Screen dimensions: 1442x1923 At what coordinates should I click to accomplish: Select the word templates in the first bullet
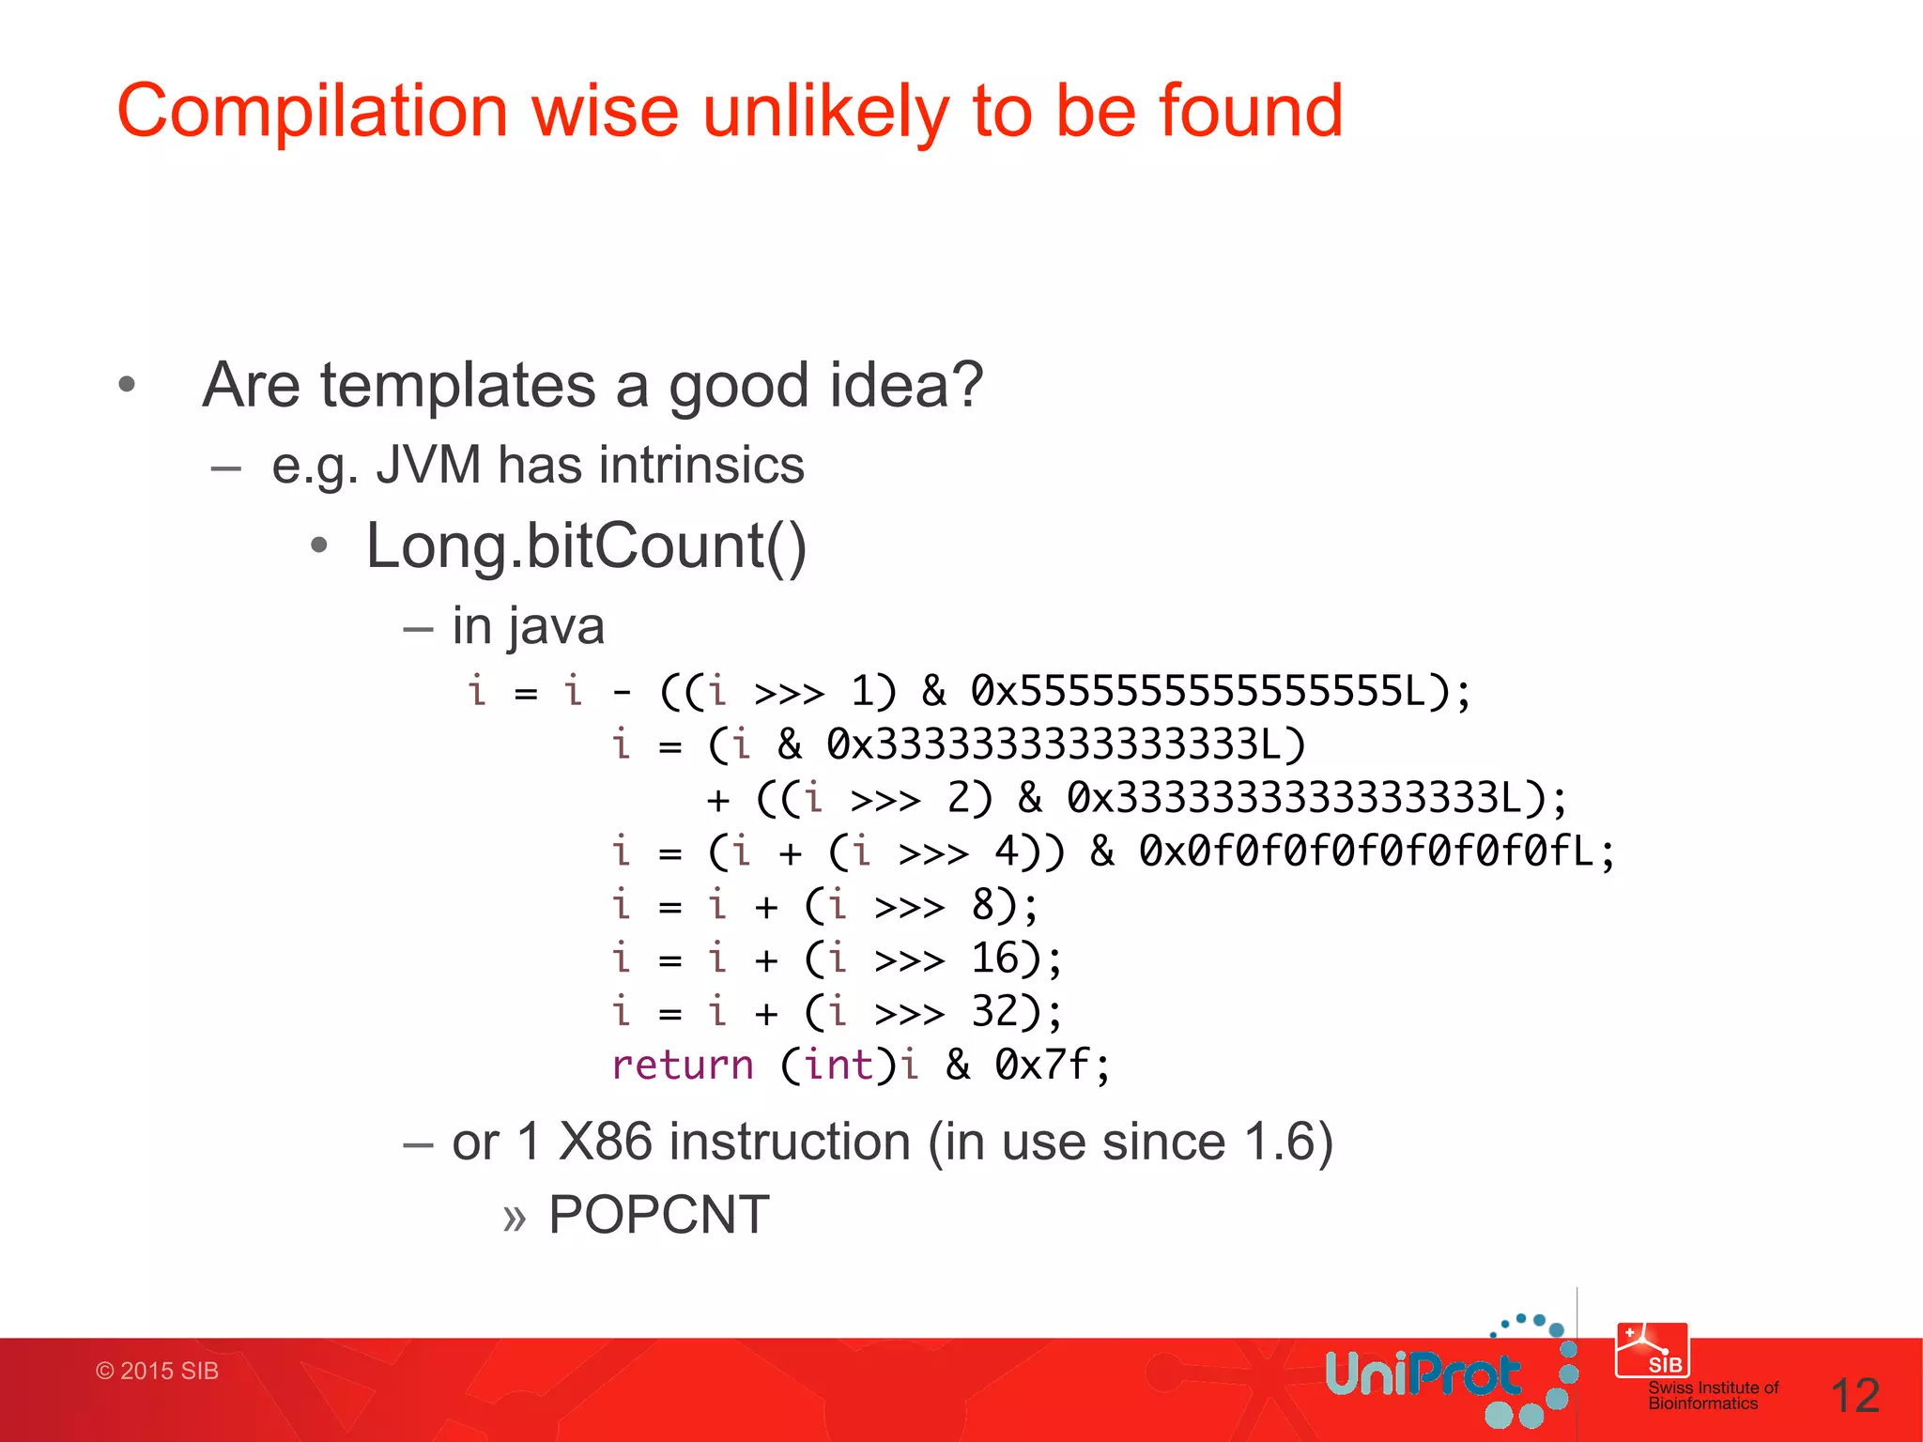[x=458, y=385]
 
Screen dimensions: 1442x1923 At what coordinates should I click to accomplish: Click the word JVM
[x=428, y=465]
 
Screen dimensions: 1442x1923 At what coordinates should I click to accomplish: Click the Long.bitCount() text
[x=586, y=546]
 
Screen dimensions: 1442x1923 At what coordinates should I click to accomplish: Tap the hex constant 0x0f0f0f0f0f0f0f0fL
[x=1366, y=852]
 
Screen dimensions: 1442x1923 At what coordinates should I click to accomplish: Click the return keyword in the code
[x=683, y=1066]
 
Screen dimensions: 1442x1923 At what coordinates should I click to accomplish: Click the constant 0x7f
[x=1042, y=1066]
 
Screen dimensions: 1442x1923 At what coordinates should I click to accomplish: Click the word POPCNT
[x=659, y=1215]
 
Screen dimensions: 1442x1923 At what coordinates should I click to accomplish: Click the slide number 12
[x=1854, y=1396]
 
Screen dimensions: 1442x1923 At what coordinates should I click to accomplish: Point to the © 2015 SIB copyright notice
[x=157, y=1372]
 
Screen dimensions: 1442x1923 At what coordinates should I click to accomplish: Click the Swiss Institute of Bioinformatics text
[x=1713, y=1395]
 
